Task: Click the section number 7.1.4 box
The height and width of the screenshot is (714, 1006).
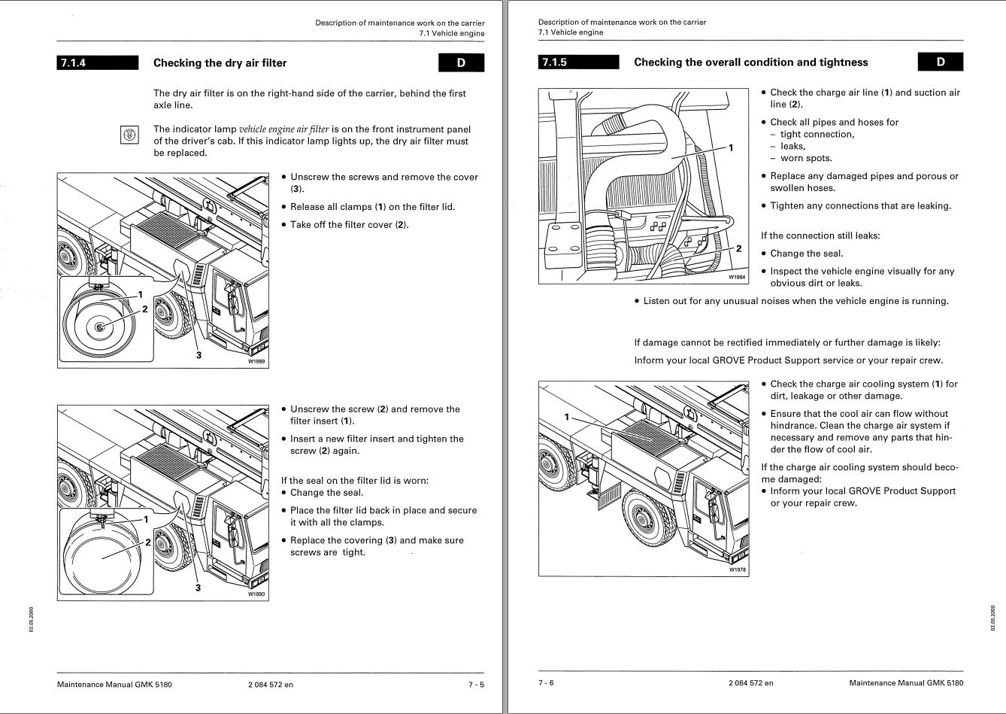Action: point(98,63)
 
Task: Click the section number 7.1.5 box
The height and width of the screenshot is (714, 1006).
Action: point(578,62)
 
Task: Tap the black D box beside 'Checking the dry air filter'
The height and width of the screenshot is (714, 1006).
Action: point(461,63)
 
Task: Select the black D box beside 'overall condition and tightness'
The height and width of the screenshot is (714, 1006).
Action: point(940,62)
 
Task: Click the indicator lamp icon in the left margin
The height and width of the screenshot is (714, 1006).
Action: point(129,135)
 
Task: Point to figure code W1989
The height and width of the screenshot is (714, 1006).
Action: point(256,361)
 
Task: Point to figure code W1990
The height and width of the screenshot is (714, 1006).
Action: point(256,594)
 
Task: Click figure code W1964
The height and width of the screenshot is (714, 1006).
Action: point(737,278)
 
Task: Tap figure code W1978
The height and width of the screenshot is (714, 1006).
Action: point(738,570)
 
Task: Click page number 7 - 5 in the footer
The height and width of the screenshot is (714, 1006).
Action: point(476,684)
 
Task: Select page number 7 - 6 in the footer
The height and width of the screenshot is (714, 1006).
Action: point(546,683)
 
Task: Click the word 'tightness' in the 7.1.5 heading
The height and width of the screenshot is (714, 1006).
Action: point(844,62)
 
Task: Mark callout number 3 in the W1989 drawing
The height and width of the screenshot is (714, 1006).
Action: point(198,354)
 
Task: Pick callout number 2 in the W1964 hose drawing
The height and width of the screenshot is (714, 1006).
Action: point(739,248)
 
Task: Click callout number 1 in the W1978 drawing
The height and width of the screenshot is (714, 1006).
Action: point(567,416)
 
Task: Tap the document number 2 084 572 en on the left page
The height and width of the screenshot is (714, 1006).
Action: point(270,684)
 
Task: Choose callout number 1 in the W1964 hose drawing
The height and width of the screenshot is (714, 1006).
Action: point(731,147)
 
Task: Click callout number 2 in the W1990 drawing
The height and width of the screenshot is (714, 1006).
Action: point(147,542)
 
